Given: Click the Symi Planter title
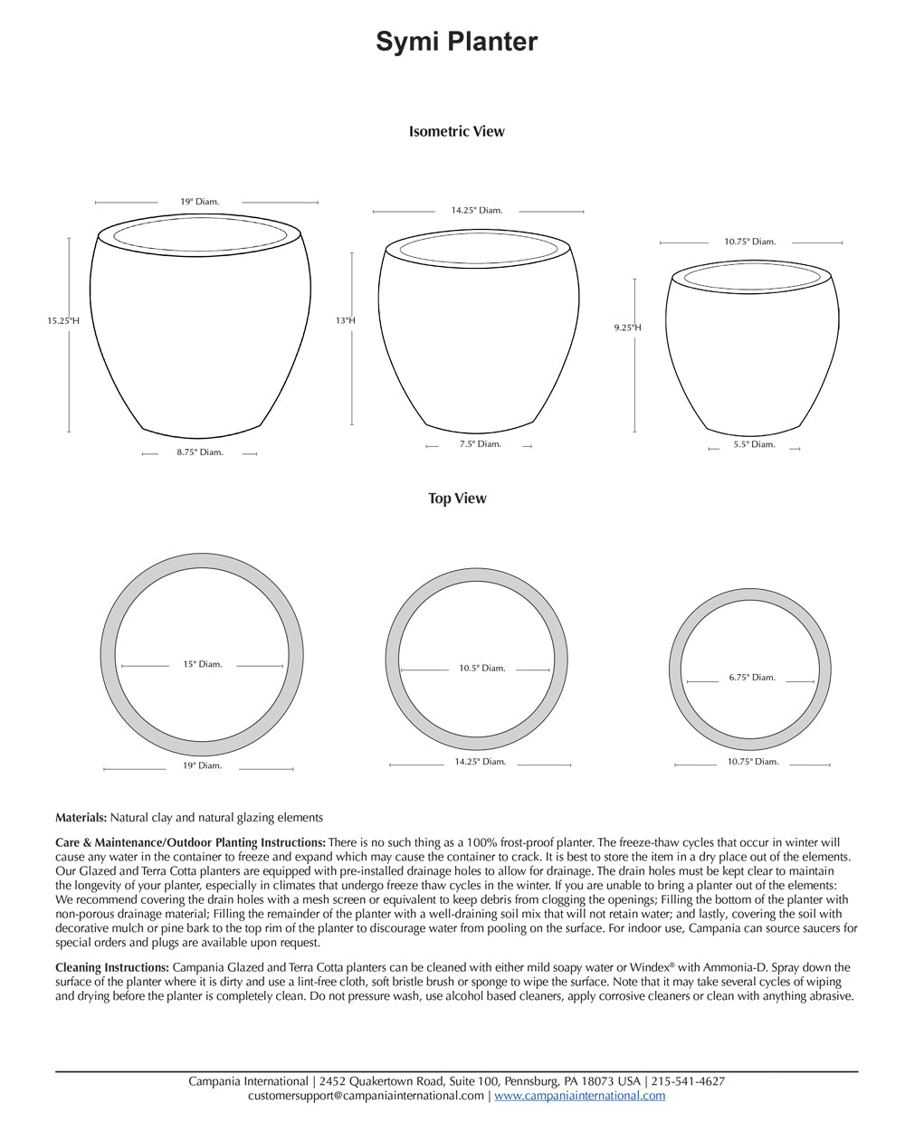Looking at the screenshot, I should click(456, 42).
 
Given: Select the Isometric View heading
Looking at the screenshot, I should click(456, 131).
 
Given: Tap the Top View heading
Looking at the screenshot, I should click(457, 499).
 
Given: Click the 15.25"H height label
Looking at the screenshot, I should click(63, 320).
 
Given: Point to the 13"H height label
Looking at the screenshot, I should click(345, 320).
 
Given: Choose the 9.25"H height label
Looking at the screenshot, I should click(627, 328).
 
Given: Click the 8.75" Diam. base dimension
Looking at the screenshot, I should click(199, 452).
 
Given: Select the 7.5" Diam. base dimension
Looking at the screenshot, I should click(480, 444).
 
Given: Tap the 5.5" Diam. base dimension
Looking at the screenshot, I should click(754, 444).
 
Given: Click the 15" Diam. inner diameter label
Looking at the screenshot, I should click(202, 664).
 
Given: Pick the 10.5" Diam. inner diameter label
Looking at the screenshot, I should click(481, 669).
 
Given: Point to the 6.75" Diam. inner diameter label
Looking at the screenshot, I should click(752, 678).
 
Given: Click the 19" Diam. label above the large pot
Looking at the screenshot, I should click(199, 202).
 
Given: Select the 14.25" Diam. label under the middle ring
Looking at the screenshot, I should click(480, 762).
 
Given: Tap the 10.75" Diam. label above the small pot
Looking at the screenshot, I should click(749, 242).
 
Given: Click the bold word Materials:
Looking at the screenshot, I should click(81, 817).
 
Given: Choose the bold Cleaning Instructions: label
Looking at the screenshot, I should click(112, 967).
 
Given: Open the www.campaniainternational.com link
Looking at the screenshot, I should click(579, 1096).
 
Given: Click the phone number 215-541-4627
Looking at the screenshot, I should click(688, 1081).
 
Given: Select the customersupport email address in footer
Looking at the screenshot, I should click(366, 1096).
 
